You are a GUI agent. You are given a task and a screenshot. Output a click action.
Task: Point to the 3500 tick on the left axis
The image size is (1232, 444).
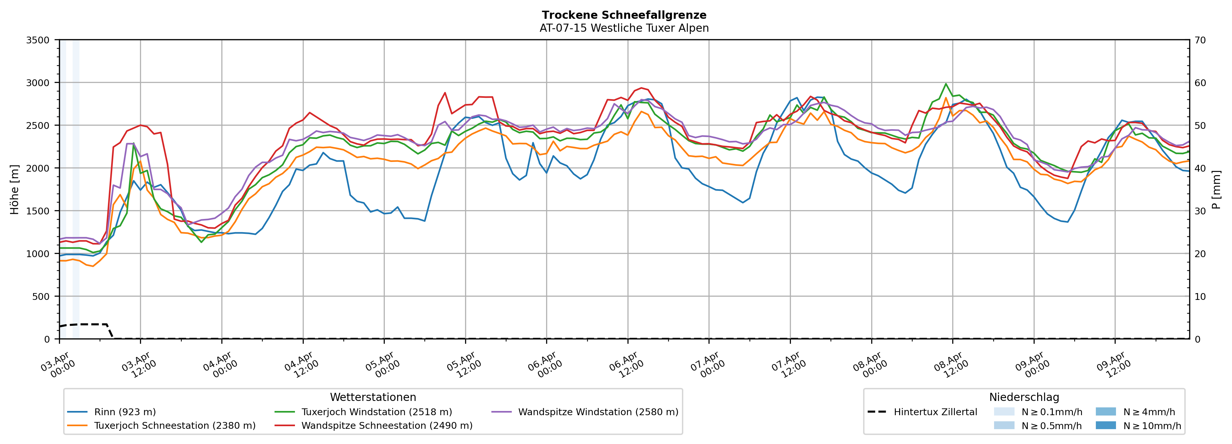pyautogui.click(x=38, y=40)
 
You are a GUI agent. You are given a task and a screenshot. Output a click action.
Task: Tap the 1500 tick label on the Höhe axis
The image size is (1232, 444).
pyautogui.click(x=38, y=211)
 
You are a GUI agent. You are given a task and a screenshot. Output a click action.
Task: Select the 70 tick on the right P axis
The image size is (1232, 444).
pyautogui.click(x=1200, y=40)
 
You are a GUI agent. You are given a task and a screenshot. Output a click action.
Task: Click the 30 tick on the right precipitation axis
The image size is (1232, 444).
pyautogui.click(x=1200, y=211)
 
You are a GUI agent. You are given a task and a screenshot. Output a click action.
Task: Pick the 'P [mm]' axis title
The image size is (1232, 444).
pyautogui.click(x=1216, y=190)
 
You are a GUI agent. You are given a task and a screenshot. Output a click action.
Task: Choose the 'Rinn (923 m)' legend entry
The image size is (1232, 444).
pyautogui.click(x=125, y=412)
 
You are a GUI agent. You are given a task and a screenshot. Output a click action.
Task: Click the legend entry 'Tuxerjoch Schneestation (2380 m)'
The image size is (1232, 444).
pyautogui.click(x=175, y=426)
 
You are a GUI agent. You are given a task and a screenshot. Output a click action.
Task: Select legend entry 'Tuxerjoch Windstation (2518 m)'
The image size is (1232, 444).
pyautogui.click(x=376, y=412)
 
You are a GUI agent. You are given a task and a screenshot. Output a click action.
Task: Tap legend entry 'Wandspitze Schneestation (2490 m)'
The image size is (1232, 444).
pyautogui.click(x=386, y=426)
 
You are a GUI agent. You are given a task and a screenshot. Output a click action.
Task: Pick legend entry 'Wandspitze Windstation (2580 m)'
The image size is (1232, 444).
pyautogui.click(x=598, y=412)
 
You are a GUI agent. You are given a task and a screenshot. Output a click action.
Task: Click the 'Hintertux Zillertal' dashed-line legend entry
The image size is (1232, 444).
pyautogui.click(x=935, y=412)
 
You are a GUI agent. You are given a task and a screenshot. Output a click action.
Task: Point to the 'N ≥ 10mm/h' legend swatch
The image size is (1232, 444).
pyautogui.click(x=1105, y=425)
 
